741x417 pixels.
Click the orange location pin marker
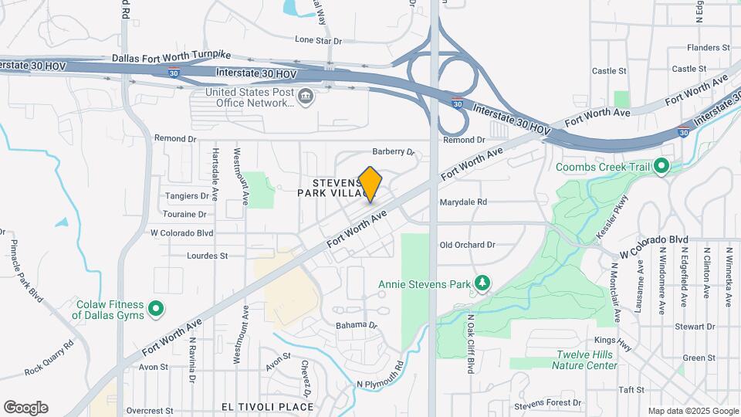[370, 185]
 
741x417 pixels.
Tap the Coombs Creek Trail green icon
[661, 166]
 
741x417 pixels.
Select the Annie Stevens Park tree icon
[482, 283]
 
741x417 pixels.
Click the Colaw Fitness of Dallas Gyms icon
[156, 310]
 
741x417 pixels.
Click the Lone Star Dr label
[318, 39]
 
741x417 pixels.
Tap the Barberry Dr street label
[394, 152]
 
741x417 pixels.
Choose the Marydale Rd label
[463, 202]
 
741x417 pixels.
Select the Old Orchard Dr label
[467, 245]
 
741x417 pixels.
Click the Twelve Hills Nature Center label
[587, 360]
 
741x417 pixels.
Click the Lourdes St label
[208, 256]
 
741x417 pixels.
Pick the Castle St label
[609, 71]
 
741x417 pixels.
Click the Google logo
[25, 408]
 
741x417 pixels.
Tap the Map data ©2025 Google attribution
[692, 411]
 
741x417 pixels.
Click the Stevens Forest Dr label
[549, 403]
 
